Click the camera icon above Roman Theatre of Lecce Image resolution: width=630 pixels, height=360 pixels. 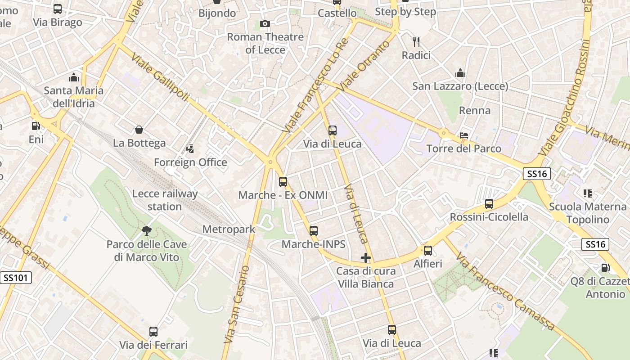coord(265,23)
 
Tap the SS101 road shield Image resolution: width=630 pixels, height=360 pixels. coord(16,278)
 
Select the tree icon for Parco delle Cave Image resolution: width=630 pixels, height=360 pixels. coord(146,231)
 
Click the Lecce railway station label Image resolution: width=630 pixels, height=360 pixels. coord(165,200)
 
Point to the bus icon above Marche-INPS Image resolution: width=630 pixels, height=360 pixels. coord(314,231)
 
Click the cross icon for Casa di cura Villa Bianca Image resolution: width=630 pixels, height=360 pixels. coord(366,258)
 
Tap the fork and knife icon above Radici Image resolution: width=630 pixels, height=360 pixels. coord(416,42)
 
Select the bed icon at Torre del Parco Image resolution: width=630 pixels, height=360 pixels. coord(464,135)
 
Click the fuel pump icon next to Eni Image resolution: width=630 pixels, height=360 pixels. coord(36,126)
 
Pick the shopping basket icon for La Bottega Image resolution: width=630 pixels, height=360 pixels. coord(139,130)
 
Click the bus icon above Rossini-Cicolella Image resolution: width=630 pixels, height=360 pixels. coord(489,204)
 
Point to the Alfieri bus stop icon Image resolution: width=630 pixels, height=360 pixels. coord(428,251)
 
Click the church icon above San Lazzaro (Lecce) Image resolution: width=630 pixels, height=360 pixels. coord(460,73)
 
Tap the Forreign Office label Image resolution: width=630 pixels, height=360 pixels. coord(190,162)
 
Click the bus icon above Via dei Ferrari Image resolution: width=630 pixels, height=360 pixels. coord(153,332)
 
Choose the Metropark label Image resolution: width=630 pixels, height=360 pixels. coord(229,229)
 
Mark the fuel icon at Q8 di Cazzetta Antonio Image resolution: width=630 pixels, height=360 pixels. coord(605,268)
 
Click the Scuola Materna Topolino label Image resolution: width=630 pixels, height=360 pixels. coord(588,213)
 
